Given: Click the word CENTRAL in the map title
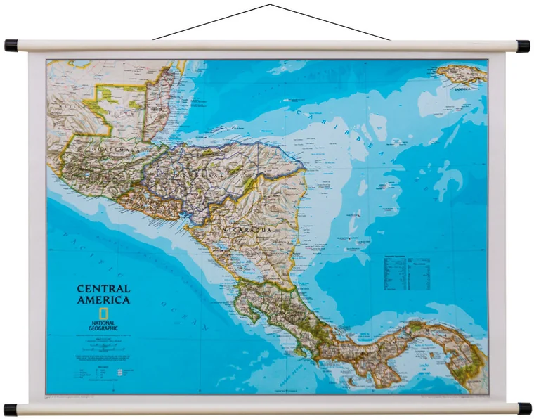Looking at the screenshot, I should (x=103, y=289).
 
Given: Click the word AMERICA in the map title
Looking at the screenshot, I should (x=103, y=300).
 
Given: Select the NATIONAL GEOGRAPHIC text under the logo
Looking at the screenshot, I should (x=103, y=325).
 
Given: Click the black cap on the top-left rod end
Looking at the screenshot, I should (x=11, y=46).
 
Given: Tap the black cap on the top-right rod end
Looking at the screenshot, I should (x=523, y=46).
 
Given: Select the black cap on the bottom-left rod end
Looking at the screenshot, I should (x=11, y=409).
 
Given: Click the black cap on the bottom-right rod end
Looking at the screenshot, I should (x=524, y=408).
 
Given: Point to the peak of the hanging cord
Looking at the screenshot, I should (x=271, y=5).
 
